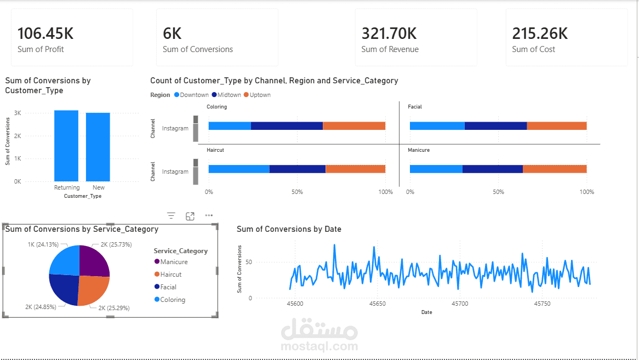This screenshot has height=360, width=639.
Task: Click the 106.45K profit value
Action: coord(45,33)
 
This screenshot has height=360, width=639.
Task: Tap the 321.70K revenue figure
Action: coord(389,33)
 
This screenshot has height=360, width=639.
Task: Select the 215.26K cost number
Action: coord(540,33)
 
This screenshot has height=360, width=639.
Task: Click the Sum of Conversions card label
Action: coord(198,49)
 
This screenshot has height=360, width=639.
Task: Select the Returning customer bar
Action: coord(66,146)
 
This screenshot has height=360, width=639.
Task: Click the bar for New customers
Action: coord(98,147)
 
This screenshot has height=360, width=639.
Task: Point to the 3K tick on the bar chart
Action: coord(18,113)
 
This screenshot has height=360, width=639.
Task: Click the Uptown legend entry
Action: coord(257,95)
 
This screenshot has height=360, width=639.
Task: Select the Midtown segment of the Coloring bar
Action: coord(287,125)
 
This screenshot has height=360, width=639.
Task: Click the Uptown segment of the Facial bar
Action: coord(556,125)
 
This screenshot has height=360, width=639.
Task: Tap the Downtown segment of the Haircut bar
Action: coord(239,169)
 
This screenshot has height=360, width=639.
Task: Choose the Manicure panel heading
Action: coord(419,150)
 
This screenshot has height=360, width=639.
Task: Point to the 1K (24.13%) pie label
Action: coord(43,244)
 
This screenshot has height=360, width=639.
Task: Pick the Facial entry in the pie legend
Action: coord(168,287)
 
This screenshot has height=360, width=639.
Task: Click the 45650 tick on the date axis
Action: coord(377,304)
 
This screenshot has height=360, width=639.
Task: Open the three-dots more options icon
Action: coord(209,216)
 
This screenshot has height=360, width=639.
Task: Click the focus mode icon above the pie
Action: coord(190,216)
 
